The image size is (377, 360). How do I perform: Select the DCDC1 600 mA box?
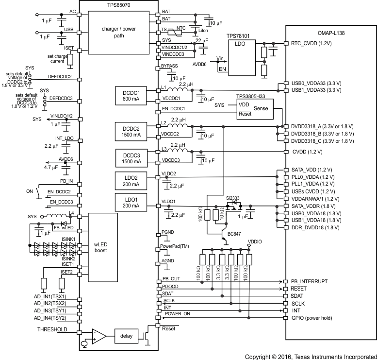(x=129, y=96)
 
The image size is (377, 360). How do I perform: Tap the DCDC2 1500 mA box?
(x=129, y=131)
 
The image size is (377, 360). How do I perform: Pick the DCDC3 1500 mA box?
(x=129, y=158)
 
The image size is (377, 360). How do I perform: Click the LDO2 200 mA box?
(x=129, y=180)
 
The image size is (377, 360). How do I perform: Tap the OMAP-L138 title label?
(x=331, y=31)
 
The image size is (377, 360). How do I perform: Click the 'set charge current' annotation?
(x=57, y=59)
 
